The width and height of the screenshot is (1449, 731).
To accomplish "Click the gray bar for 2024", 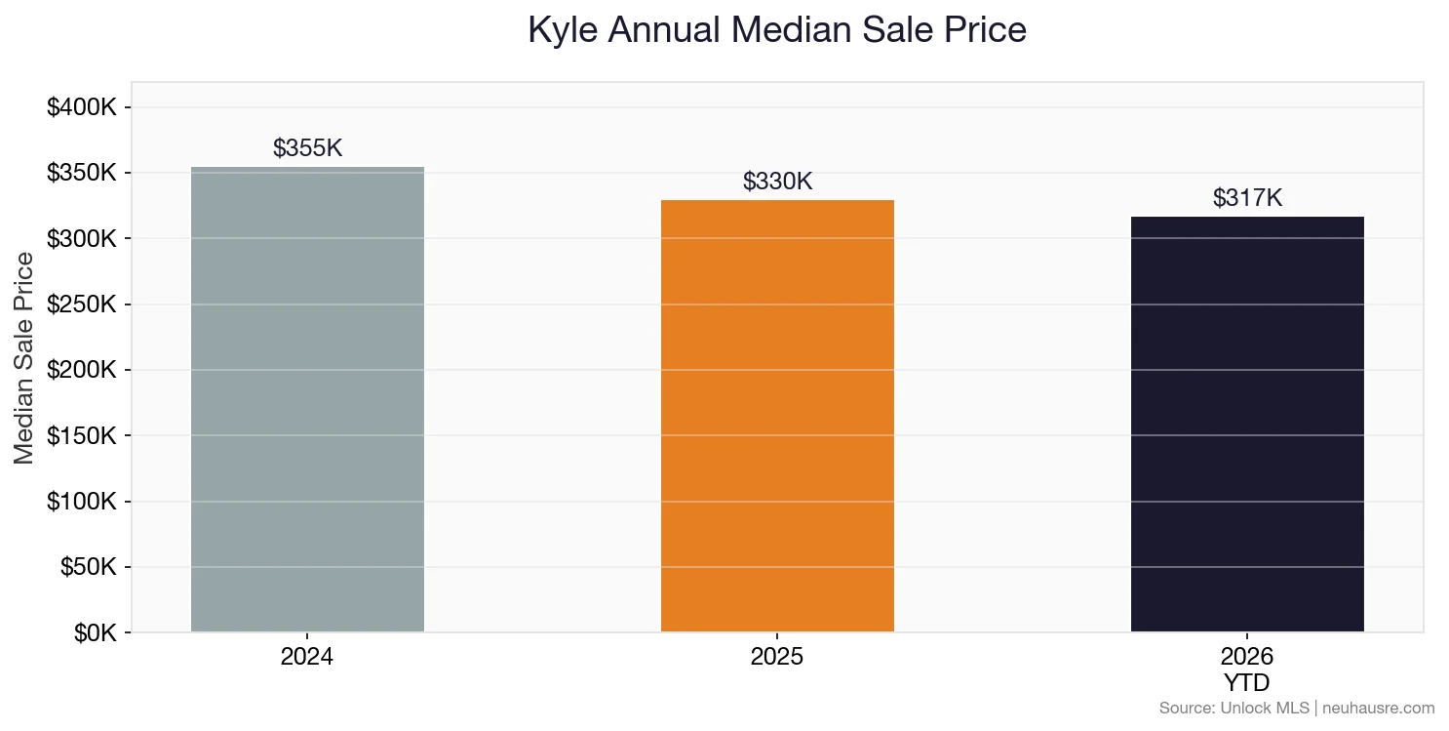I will (x=307, y=400).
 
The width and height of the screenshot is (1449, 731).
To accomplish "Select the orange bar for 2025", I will (x=777, y=416).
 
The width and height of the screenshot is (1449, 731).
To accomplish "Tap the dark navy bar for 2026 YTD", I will (x=1247, y=424).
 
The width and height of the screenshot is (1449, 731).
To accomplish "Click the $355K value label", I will (x=307, y=148).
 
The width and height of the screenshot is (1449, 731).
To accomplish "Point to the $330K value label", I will (x=777, y=182).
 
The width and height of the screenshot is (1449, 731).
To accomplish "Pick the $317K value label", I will (x=1247, y=198).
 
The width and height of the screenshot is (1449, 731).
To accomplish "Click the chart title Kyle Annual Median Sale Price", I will (x=777, y=30).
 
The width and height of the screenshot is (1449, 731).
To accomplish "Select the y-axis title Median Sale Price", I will (x=24, y=358).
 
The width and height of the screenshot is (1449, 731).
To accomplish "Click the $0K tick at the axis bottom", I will (x=95, y=633).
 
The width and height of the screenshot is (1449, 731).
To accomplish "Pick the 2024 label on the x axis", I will (x=307, y=657).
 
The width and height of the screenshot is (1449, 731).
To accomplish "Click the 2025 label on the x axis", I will (x=777, y=657).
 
